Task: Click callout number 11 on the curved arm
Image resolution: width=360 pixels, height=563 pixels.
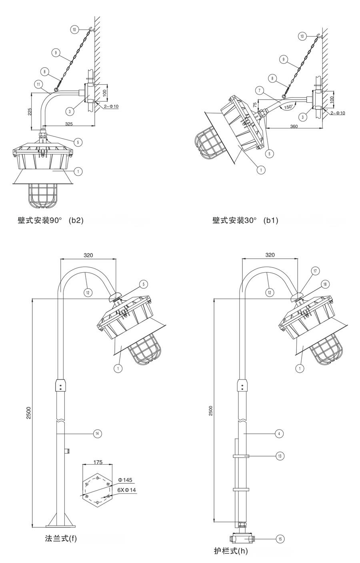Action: tap(38, 84)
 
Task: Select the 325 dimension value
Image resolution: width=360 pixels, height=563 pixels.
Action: tap(69, 124)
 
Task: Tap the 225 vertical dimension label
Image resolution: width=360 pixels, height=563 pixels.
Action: tap(30, 111)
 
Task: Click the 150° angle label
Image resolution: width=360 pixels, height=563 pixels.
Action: tap(288, 107)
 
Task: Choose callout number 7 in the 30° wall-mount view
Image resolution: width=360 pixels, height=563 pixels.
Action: tap(260, 91)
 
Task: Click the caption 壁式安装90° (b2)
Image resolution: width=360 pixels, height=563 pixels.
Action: tap(50, 220)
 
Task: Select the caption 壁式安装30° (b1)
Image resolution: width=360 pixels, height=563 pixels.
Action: tap(245, 220)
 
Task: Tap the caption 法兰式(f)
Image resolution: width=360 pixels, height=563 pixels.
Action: tap(61, 538)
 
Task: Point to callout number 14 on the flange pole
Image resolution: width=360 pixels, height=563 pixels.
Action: tap(96, 433)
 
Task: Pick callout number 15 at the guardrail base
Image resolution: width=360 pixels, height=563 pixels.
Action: tap(280, 539)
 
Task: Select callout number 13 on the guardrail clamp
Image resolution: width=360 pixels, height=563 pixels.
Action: tap(280, 455)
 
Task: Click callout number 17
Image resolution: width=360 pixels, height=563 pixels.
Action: tap(315, 271)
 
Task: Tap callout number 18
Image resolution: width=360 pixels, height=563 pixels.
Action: tap(324, 284)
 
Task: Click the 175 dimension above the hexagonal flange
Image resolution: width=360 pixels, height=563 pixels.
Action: tap(98, 462)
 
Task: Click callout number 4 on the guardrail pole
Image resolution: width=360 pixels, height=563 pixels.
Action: tap(280, 433)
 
